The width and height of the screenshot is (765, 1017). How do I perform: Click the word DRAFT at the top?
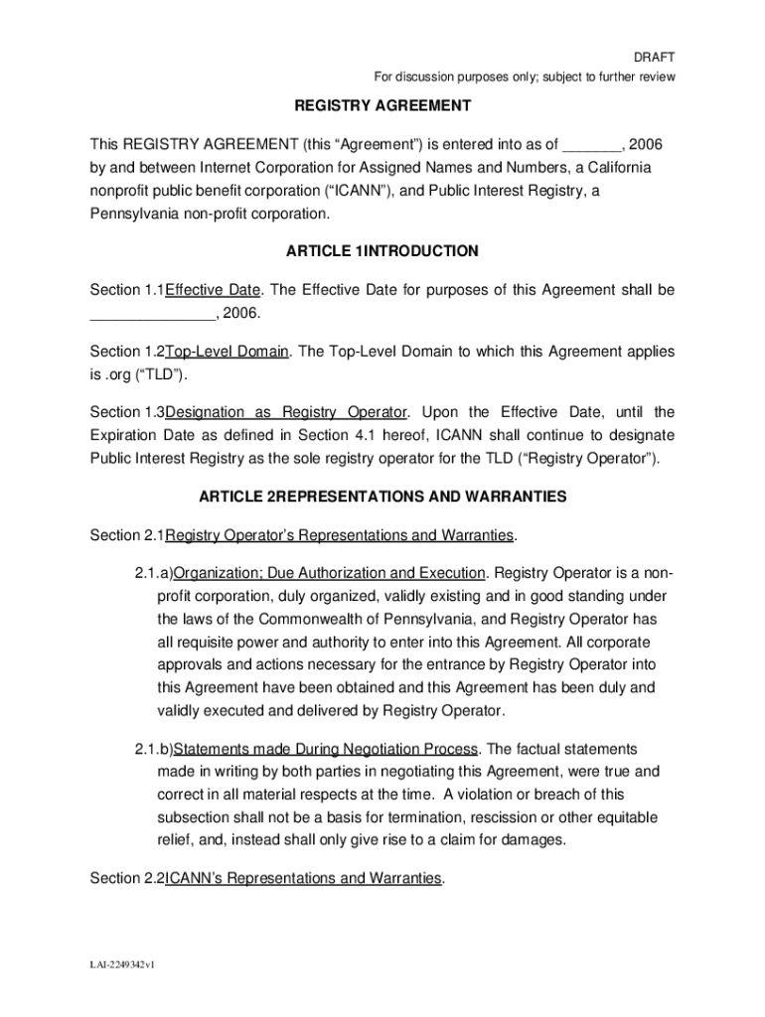[x=656, y=58]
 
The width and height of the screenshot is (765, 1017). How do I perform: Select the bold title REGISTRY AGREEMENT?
[x=382, y=105]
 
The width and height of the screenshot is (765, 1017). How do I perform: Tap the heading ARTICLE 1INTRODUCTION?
[x=382, y=252]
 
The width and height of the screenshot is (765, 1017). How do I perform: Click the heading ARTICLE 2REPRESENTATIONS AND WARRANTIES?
[x=382, y=496]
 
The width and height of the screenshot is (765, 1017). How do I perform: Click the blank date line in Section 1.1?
[x=152, y=314]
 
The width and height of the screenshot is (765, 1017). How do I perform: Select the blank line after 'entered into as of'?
[x=591, y=143]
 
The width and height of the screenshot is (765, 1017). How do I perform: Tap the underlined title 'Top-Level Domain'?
[x=228, y=352]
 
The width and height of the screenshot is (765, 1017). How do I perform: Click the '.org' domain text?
[x=119, y=375]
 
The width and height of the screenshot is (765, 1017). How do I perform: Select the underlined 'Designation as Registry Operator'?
[x=287, y=412]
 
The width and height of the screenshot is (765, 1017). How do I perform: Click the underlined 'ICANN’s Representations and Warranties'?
[x=303, y=879]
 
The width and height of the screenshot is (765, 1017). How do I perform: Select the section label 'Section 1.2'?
[x=126, y=352]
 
